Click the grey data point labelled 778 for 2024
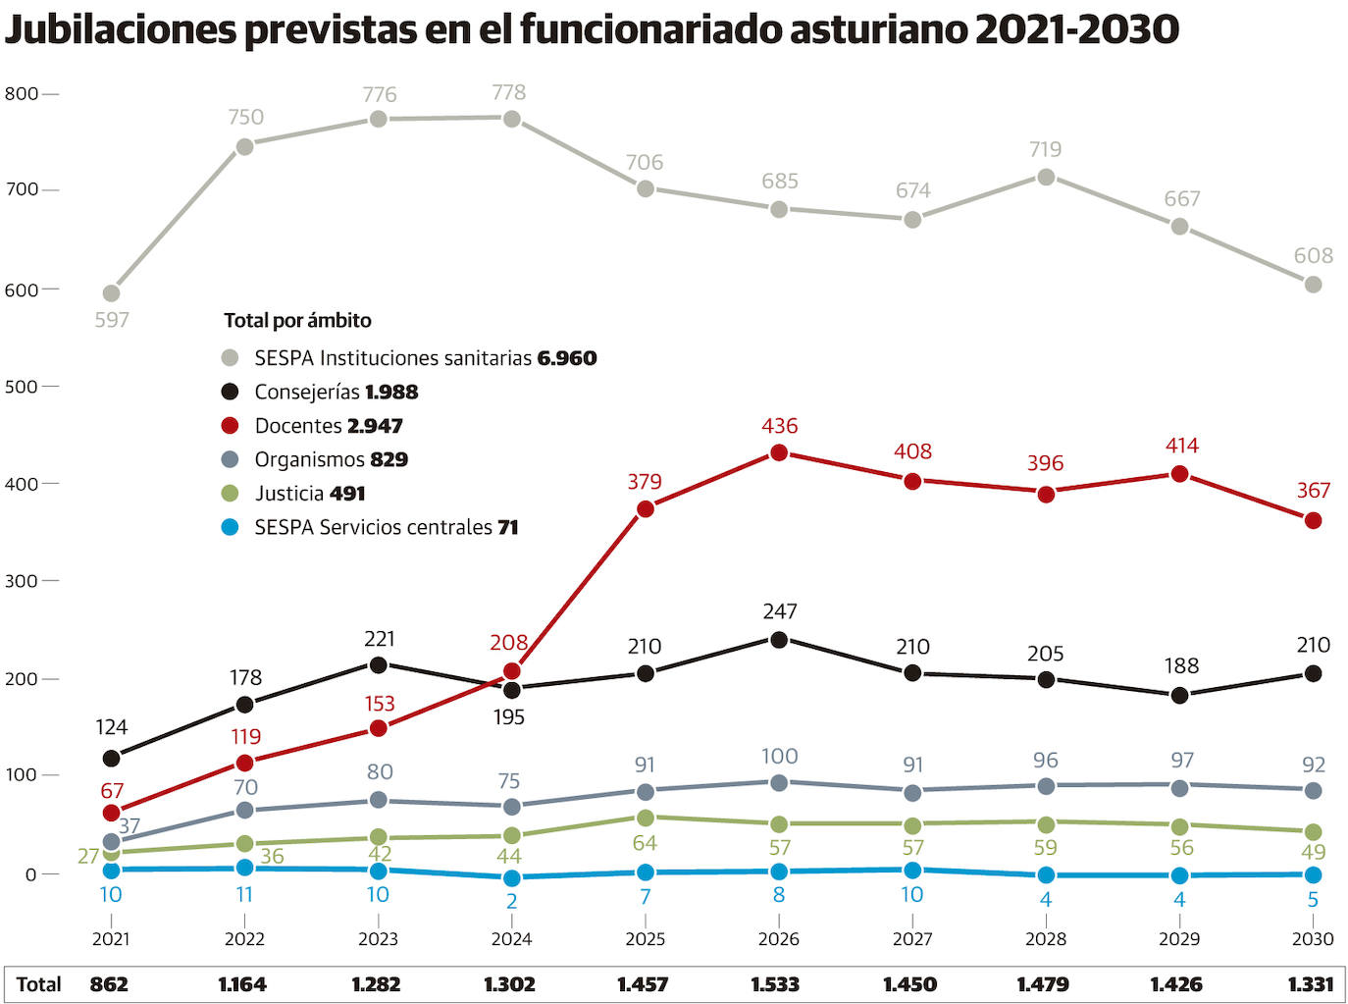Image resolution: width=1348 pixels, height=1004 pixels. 511,119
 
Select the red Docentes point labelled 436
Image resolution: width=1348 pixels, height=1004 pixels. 779,452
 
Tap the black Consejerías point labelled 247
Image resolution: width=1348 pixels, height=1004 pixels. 779,640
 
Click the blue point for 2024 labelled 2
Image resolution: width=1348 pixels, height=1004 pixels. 511,878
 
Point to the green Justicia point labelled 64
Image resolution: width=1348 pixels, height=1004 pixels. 645,818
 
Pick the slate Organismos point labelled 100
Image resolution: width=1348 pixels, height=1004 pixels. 779,782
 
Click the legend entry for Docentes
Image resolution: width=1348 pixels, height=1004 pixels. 328,426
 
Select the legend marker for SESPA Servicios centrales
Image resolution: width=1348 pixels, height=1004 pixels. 231,527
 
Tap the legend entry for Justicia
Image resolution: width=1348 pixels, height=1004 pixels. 309,494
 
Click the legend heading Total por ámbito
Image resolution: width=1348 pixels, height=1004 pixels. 297,320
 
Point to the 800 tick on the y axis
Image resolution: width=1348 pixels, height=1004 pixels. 22,94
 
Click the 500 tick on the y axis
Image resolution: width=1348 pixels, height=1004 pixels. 22,387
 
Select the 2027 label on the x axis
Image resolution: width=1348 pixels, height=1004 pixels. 912,939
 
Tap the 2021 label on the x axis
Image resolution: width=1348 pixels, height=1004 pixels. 111,939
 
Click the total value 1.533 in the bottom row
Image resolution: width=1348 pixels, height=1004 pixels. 775,984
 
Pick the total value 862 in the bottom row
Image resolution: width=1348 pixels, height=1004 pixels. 109,984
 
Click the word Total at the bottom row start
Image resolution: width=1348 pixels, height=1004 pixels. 39,984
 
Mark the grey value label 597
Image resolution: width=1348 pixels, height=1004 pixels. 112,320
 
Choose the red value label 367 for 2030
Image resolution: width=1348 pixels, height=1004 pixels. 1313,491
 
